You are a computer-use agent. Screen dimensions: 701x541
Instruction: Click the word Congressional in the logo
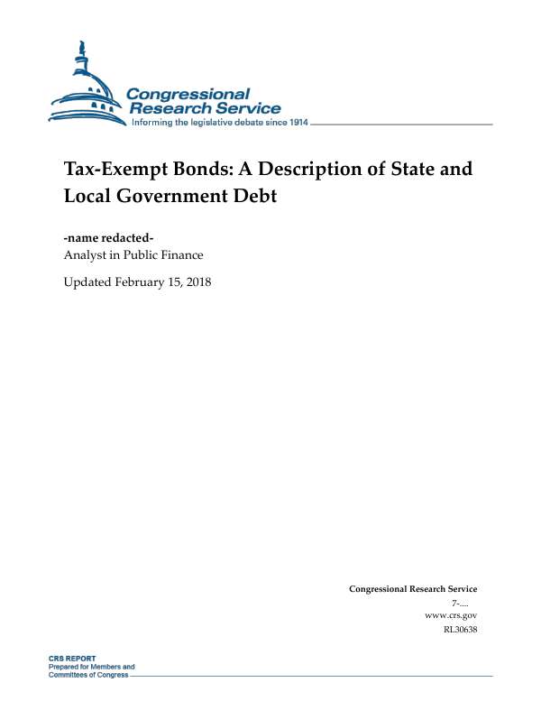[x=188, y=94]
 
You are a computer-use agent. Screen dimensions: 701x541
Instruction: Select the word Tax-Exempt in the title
[x=109, y=170]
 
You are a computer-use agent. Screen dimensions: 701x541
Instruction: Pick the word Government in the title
[x=170, y=195]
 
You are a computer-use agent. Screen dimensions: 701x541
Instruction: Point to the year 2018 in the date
[x=197, y=281]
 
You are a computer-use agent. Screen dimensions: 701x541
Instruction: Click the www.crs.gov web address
[x=450, y=614]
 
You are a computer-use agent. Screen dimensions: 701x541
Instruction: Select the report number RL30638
[x=458, y=629]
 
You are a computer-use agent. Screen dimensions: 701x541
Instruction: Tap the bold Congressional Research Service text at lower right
[x=413, y=588]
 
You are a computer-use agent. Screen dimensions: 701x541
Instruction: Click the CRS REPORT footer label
[x=72, y=659]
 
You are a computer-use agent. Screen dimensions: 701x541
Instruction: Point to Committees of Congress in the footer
[x=87, y=674]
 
